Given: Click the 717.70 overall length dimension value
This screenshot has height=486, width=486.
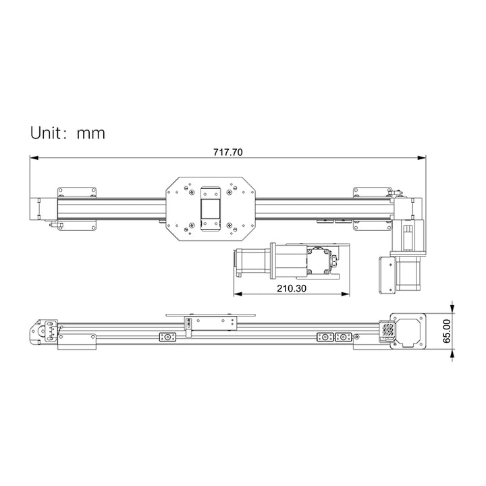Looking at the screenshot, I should pos(227,152).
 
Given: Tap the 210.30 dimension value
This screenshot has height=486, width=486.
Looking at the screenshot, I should pos(291,288).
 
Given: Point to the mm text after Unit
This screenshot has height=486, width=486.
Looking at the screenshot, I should pos(90,134).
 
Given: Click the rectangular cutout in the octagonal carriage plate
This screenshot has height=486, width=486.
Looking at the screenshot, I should pos(210,207).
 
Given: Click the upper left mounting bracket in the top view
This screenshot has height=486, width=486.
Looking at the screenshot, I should pos(77,192).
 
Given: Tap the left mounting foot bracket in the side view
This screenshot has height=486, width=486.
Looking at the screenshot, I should pos(78,343).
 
